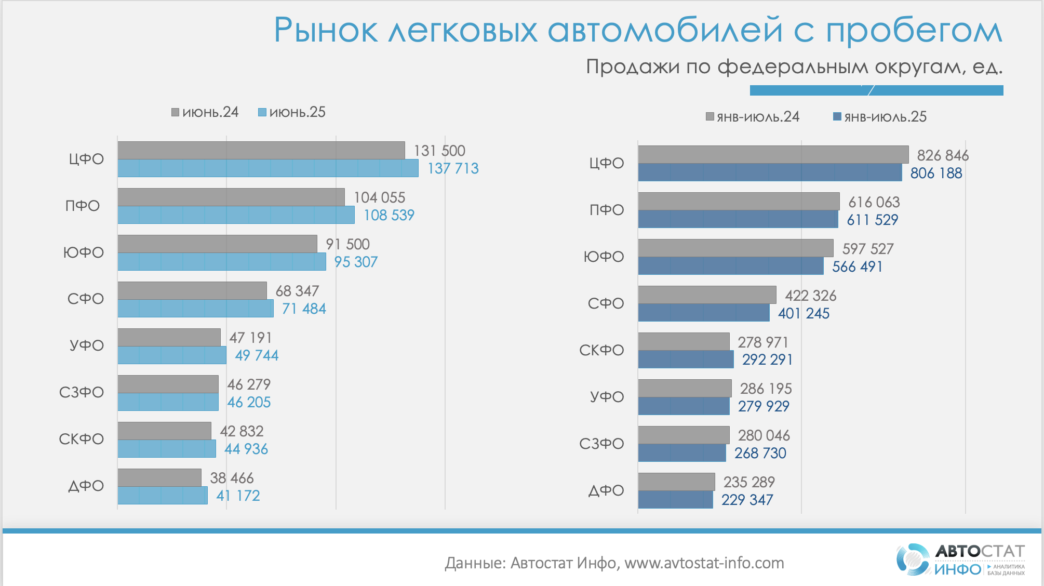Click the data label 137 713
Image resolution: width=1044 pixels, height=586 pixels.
pyautogui.click(x=453, y=168)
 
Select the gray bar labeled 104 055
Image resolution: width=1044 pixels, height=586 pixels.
pyautogui.click(x=231, y=197)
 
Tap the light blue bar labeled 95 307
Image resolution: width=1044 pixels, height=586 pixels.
pyautogui.click(x=222, y=262)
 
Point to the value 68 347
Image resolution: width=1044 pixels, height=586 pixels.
pyautogui.click(x=297, y=291)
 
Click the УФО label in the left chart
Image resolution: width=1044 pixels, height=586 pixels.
pyautogui.click(x=87, y=345)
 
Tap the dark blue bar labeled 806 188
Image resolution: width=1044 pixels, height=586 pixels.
pyautogui.click(x=770, y=172)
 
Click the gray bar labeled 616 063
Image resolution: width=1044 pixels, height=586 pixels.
pyautogui.click(x=739, y=202)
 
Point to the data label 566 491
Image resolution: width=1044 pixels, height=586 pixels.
pyautogui.click(x=857, y=267)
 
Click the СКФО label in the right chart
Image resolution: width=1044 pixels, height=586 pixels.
pyautogui.click(x=601, y=350)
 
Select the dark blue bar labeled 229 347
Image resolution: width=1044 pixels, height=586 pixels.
pyautogui.click(x=675, y=500)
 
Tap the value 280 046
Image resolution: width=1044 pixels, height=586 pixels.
pyautogui.click(x=764, y=435)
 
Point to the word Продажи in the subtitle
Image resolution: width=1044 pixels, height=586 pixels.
pyautogui.click(x=633, y=67)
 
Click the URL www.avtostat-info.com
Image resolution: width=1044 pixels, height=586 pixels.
pyautogui.click(x=704, y=563)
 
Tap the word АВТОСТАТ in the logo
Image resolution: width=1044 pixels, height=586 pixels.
pyautogui.click(x=980, y=551)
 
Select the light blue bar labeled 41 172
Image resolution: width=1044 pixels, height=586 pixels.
pyautogui.click(x=163, y=496)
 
